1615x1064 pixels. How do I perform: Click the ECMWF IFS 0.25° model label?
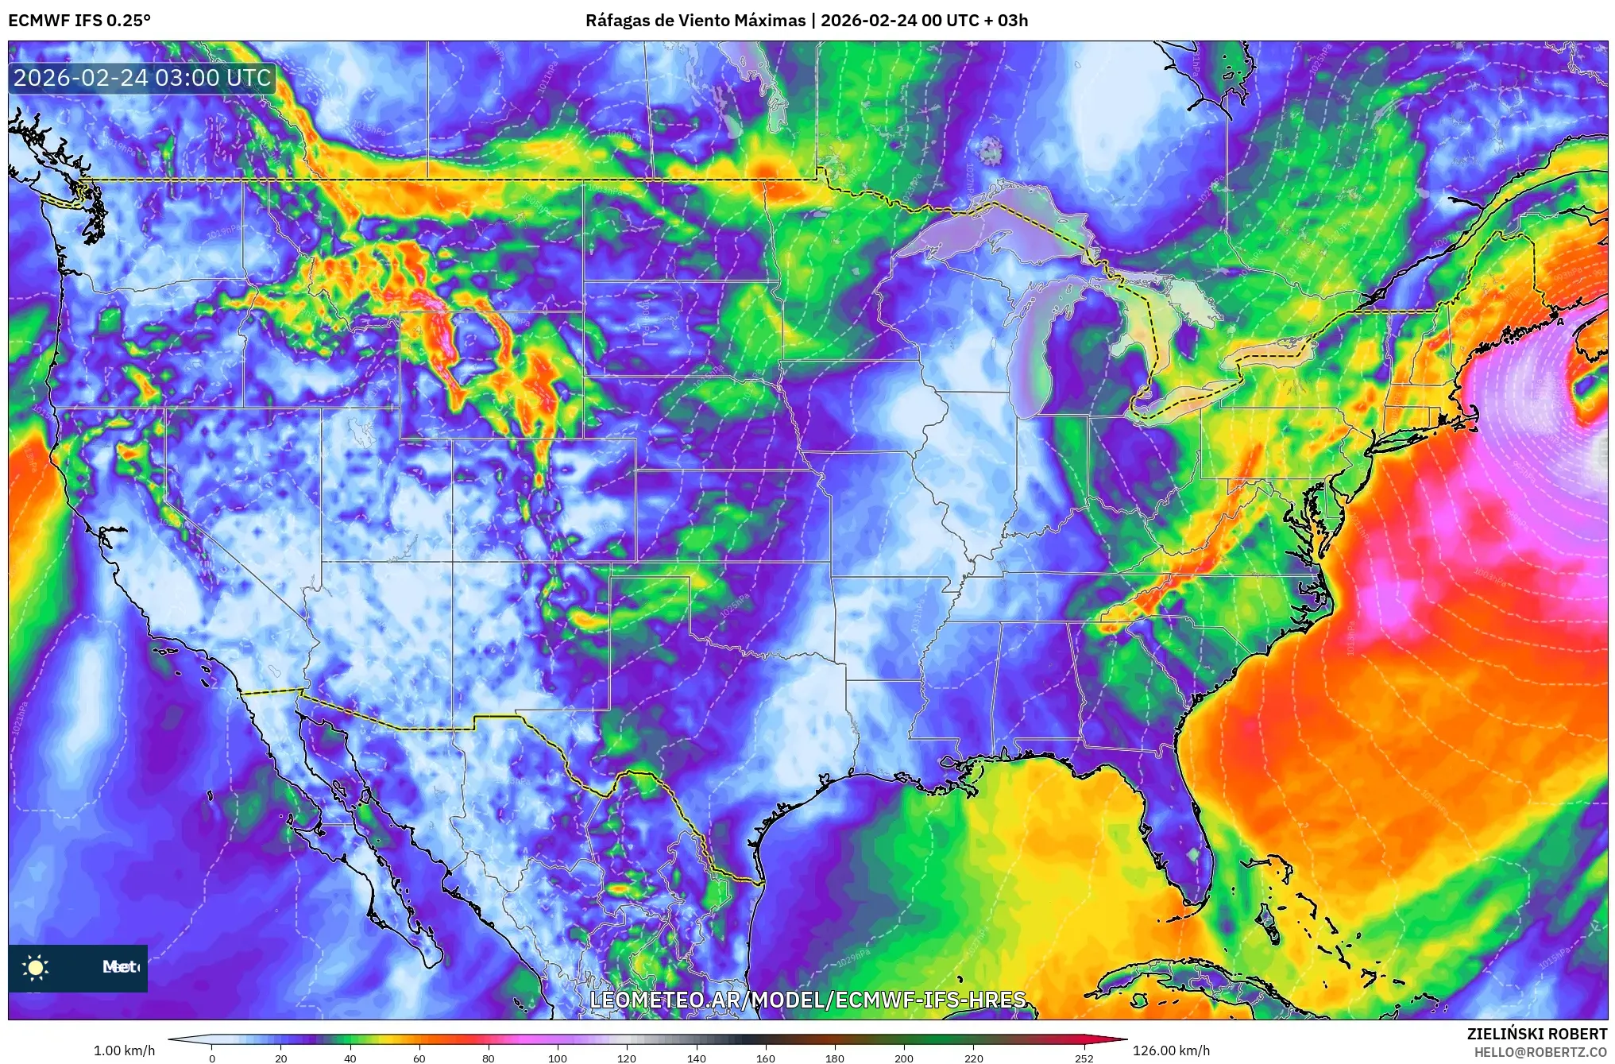click(79, 21)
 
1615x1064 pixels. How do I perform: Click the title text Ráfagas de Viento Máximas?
click(695, 21)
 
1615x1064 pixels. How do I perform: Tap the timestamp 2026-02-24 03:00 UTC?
click(143, 78)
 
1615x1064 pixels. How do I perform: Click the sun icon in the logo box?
click(36, 967)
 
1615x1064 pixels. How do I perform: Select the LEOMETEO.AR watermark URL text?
click(807, 1000)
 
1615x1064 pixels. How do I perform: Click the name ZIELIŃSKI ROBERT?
click(1536, 1034)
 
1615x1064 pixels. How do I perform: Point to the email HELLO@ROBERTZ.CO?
click(1540, 1051)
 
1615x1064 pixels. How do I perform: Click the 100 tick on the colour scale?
click(558, 1058)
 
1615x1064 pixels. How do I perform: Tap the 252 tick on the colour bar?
click(1084, 1058)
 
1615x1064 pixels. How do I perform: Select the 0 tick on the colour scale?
click(211, 1058)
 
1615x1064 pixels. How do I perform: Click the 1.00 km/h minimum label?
click(125, 1050)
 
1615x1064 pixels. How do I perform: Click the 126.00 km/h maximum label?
click(1171, 1050)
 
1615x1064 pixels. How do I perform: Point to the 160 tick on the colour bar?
click(766, 1058)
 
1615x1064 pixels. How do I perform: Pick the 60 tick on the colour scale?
click(419, 1058)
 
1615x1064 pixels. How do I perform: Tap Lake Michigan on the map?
click(1033, 350)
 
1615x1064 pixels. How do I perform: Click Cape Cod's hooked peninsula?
click(1470, 417)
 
